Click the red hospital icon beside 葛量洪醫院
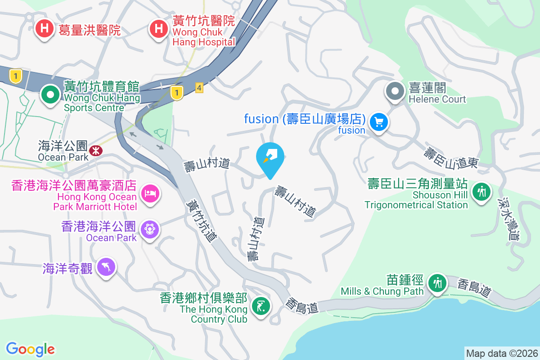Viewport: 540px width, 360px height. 44,29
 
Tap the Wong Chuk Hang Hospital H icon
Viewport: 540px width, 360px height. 158,29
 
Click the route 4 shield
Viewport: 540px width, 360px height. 199,88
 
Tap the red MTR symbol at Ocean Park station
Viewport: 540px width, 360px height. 95,151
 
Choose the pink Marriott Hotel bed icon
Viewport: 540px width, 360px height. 149,194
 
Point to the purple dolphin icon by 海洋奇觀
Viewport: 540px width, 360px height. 106,267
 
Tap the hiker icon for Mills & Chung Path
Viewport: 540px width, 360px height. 437,283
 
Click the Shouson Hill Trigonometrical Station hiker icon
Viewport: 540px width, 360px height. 481,192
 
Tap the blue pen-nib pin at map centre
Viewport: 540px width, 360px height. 270,157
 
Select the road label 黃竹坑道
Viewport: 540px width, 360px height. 201,221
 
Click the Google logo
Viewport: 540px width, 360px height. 31,349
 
